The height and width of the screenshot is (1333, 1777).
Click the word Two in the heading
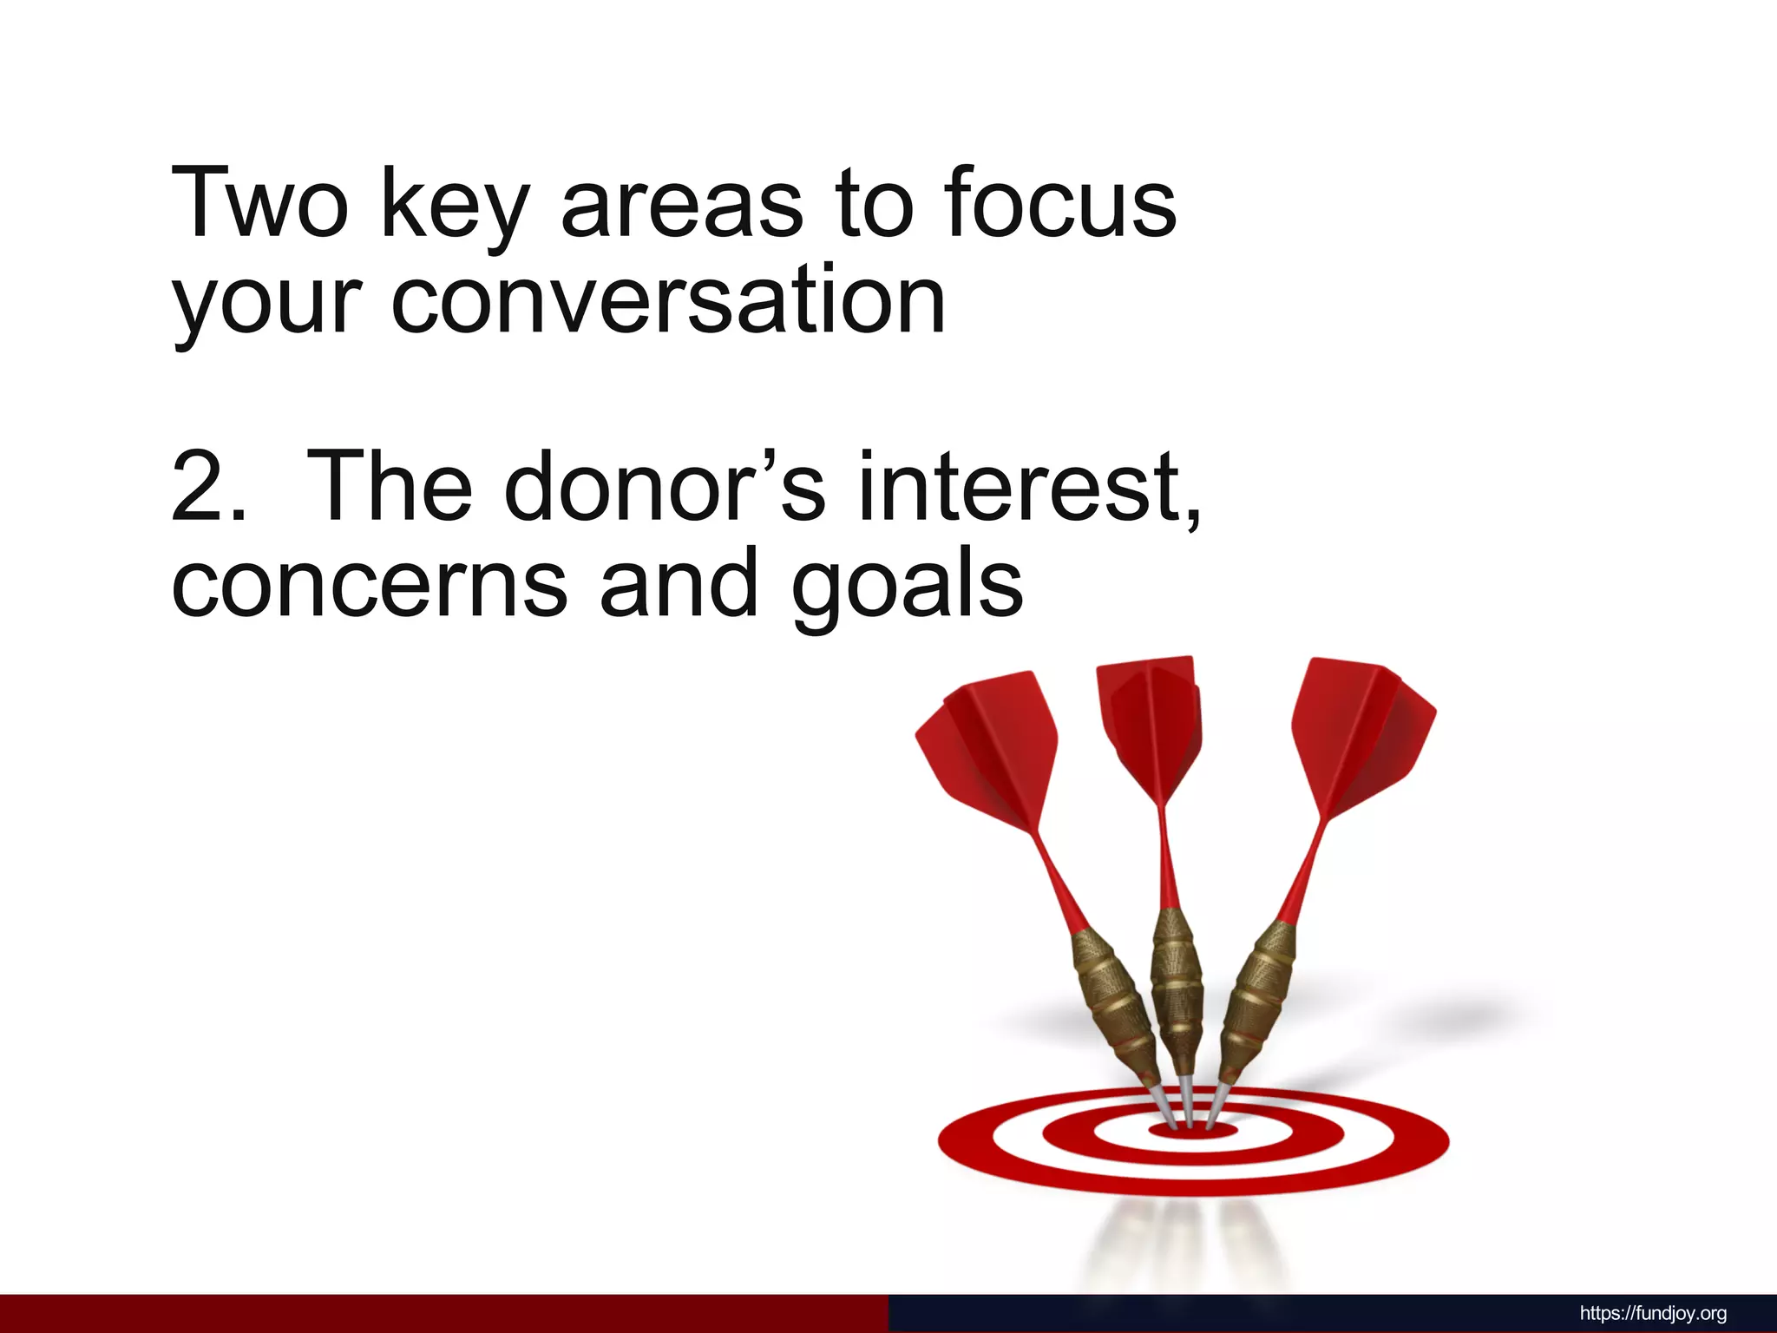click(259, 203)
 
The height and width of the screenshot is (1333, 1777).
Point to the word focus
click(1060, 203)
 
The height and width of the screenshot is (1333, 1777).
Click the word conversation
click(668, 300)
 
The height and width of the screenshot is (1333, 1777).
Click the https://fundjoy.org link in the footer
click(1653, 1313)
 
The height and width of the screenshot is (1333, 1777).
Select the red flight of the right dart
click(1358, 738)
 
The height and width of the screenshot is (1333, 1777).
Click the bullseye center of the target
click(1193, 1131)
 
